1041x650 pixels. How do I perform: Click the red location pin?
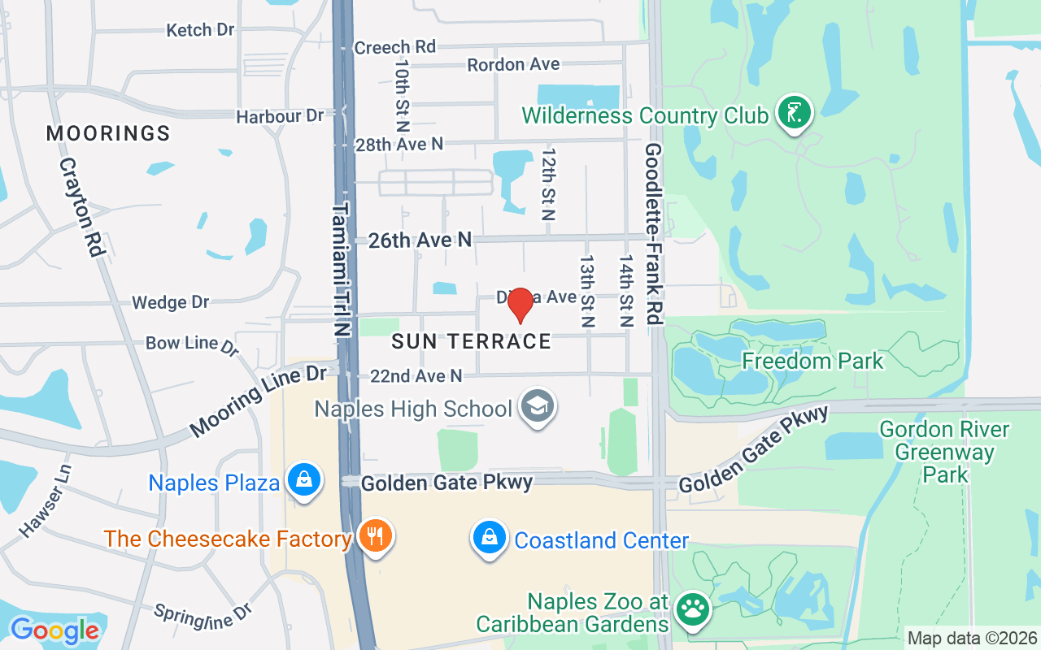click(x=520, y=305)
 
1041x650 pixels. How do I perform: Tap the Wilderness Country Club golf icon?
click(x=795, y=113)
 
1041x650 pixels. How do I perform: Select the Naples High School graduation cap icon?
click(x=538, y=406)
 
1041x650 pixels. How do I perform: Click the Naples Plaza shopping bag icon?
click(x=303, y=480)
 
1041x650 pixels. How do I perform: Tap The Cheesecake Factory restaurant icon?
click(x=375, y=536)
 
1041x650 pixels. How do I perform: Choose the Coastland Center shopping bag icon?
click(x=490, y=538)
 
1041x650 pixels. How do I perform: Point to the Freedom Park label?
click(x=812, y=361)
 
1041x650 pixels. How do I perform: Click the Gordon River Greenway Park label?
click(x=944, y=451)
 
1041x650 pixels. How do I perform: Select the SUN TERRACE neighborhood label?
click(x=472, y=341)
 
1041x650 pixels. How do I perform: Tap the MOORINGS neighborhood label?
click(x=108, y=133)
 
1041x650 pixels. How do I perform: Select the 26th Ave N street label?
click(x=420, y=240)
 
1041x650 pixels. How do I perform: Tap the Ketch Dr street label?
click(x=200, y=30)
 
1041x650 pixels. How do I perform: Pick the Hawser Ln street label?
click(x=46, y=500)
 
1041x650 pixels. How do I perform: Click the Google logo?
click(x=54, y=630)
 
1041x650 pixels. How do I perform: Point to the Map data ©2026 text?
click(x=973, y=639)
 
